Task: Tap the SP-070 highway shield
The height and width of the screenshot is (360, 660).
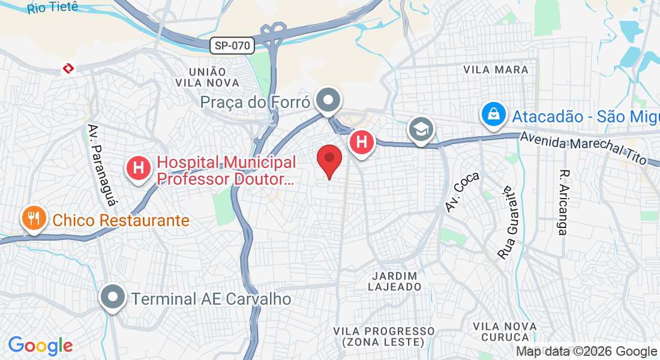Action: tap(232, 45)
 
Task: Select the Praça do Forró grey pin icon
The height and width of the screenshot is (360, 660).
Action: tap(328, 100)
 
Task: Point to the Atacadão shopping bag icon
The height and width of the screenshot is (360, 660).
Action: tap(493, 114)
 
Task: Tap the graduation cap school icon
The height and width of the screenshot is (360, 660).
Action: tap(421, 128)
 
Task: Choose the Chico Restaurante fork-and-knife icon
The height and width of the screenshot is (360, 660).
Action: tap(34, 218)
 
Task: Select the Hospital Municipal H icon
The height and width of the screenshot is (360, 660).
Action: tap(139, 168)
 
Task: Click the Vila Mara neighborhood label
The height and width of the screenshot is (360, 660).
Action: tap(496, 70)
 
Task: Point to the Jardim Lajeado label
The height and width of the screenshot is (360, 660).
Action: tap(394, 281)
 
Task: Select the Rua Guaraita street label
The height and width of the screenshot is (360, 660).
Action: tap(508, 223)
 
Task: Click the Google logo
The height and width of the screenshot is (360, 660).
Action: tap(40, 345)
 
